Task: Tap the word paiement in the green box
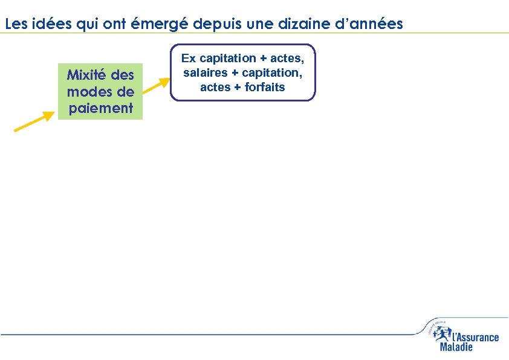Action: tap(100, 108)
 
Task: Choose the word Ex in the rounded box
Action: tap(189, 58)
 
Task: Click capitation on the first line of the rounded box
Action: tap(228, 58)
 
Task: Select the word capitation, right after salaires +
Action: tap(271, 72)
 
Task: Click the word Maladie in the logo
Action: tap(456, 347)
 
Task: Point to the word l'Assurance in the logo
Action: tap(475, 337)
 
